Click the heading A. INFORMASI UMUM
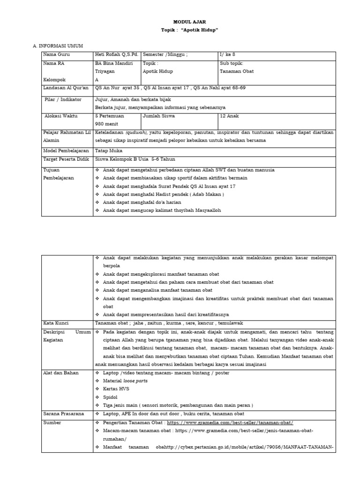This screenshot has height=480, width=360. click(x=58, y=45)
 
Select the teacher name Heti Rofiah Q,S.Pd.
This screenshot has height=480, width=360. click(x=117, y=54)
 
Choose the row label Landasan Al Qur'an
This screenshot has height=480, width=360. click(x=66, y=88)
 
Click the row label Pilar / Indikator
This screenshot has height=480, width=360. click(x=62, y=99)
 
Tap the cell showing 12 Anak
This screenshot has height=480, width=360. click(x=230, y=115)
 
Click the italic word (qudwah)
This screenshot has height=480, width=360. click(x=136, y=132)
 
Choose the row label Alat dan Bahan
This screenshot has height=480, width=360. click(x=61, y=373)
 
